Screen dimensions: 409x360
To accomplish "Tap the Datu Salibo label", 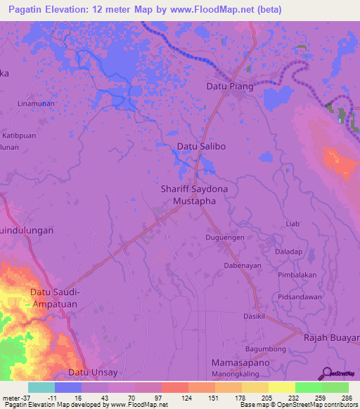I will [201, 147].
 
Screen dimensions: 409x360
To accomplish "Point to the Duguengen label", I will [225, 238].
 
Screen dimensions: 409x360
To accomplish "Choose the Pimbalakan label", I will [297, 275].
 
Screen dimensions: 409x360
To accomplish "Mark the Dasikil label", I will [255, 317].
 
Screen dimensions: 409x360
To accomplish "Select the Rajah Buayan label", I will [331, 337].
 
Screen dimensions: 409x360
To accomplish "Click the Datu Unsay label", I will [93, 372].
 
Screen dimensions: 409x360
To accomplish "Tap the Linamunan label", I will [36, 103].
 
